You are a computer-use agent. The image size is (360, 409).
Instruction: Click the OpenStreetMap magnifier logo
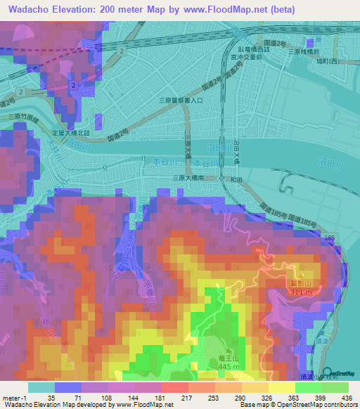[x=328, y=372]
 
